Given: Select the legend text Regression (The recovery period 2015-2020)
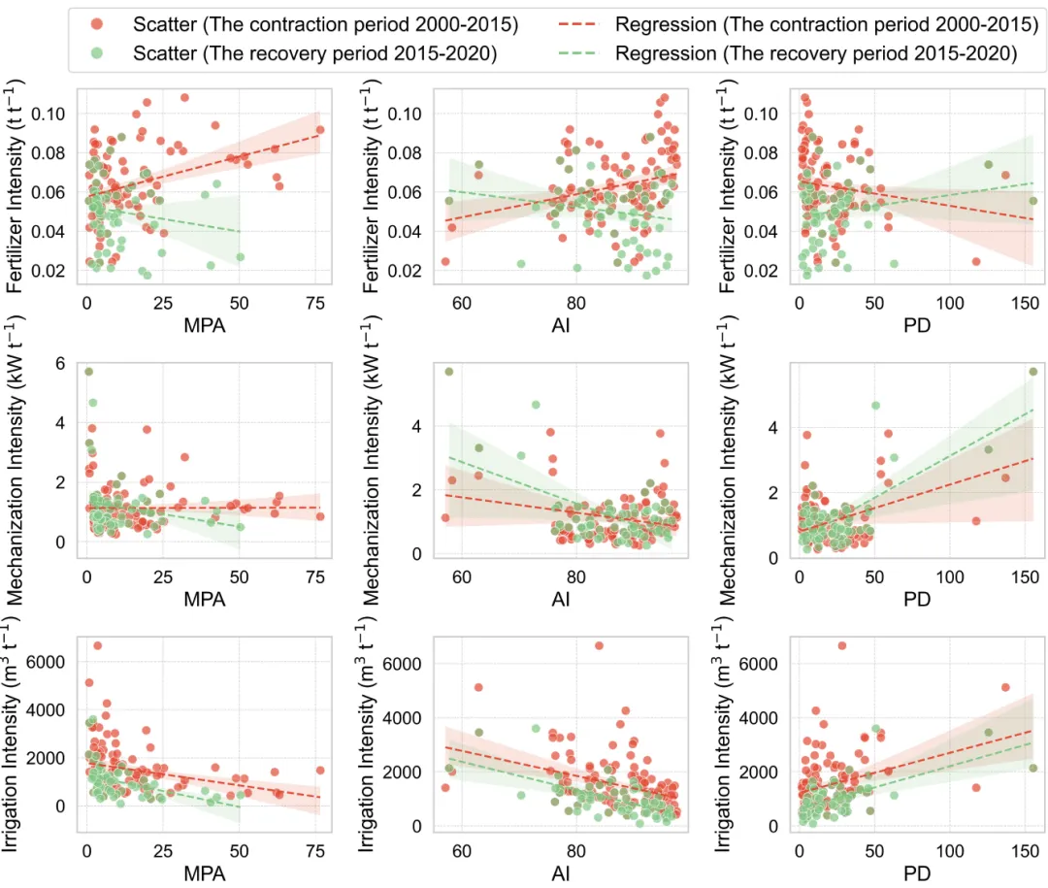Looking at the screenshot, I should click(x=816, y=54).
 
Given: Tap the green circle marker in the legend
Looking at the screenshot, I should click(x=103, y=54).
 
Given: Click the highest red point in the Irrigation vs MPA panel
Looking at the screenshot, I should click(x=97, y=645).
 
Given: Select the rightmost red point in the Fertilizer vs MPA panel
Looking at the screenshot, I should click(x=320, y=129).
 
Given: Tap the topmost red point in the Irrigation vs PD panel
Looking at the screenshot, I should click(x=841, y=645).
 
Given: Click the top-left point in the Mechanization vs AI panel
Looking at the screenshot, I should click(x=449, y=372).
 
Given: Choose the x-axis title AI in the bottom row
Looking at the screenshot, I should click(x=561, y=872).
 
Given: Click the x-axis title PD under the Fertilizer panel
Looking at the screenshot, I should click(x=917, y=325).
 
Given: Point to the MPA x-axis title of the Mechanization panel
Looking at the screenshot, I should click(x=205, y=599).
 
